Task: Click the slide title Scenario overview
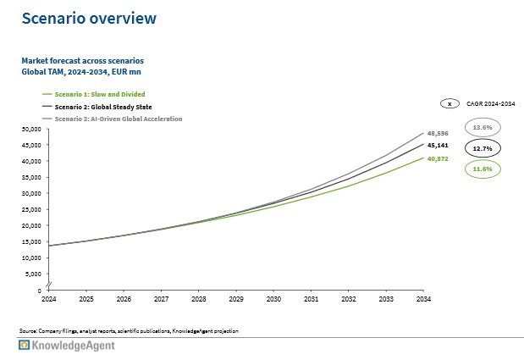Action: coord(89,18)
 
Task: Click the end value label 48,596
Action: coord(437,133)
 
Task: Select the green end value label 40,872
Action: coord(437,158)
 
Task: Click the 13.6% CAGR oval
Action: coord(483,127)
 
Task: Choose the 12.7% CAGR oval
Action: coord(483,148)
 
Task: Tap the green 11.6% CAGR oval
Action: coord(483,169)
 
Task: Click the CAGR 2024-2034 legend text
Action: coord(490,103)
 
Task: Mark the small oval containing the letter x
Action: coord(450,103)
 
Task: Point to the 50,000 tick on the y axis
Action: coord(30,129)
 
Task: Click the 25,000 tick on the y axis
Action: coord(30,209)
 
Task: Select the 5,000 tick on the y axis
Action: coord(32,274)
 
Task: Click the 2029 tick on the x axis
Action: coord(236,298)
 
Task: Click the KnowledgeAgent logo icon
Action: coord(25,346)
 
